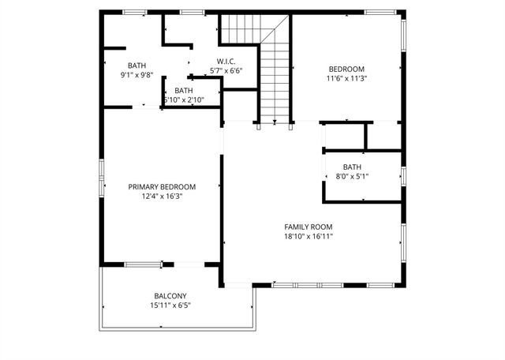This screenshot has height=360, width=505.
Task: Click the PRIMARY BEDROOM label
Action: tap(162, 187)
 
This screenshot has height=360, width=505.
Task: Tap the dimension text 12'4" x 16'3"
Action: tap(162, 197)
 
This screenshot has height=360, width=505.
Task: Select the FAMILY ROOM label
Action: tap(309, 227)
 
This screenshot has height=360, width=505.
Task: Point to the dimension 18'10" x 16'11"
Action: tap(309, 236)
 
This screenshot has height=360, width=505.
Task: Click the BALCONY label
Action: tap(170, 296)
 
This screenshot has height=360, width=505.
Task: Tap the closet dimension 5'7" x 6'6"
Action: tap(226, 70)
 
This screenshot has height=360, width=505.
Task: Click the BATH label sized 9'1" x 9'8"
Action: tap(137, 66)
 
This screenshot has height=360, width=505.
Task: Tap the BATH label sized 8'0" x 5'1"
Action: tap(352, 167)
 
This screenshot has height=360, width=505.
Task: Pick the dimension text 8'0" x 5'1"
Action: tap(352, 176)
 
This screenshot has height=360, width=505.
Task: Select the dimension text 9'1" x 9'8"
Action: tap(137, 75)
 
